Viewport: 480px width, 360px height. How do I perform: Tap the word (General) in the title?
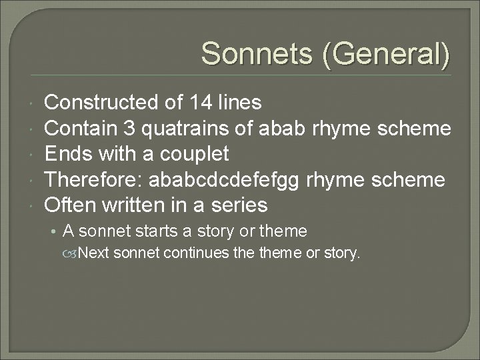[x=385, y=53]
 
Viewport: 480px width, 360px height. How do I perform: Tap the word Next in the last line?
[x=95, y=253]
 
